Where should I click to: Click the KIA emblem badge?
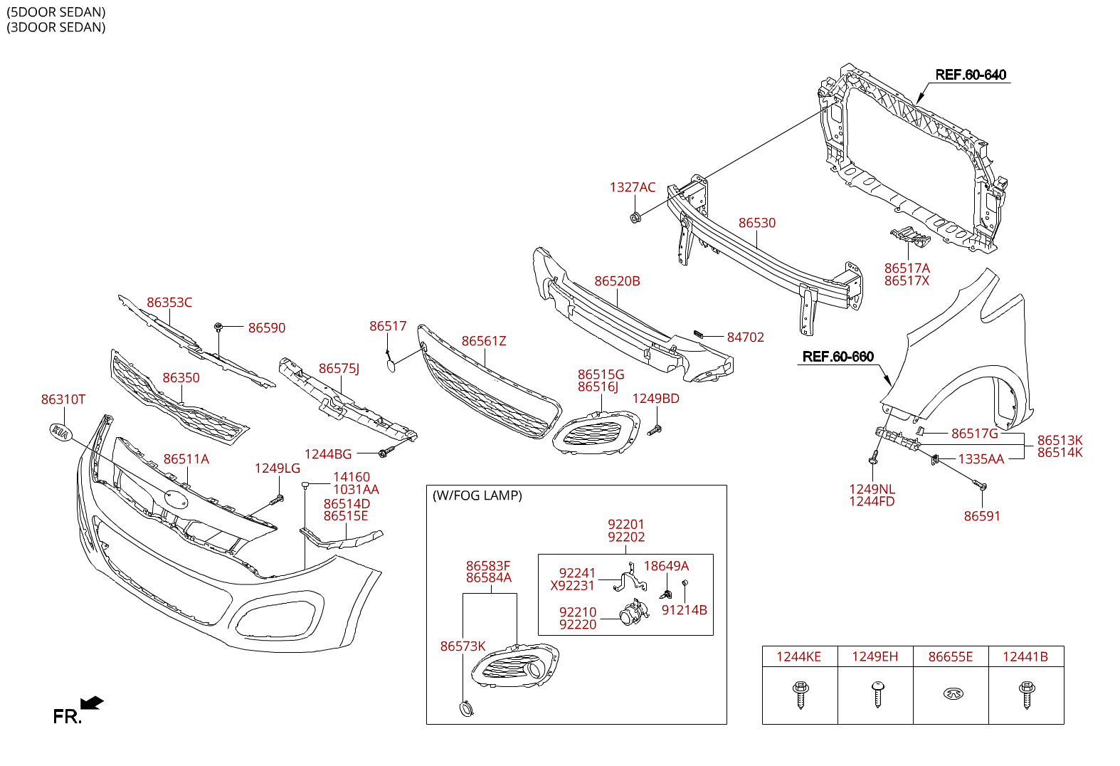point(61,432)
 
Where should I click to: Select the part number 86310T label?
point(63,399)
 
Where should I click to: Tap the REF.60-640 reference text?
point(971,75)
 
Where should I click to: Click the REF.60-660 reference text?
point(838,357)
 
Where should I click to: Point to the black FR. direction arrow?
point(92,703)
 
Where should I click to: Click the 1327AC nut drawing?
point(636,216)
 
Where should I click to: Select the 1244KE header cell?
point(798,656)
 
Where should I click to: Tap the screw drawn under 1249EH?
point(877,693)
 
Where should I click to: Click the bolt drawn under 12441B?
point(1026,694)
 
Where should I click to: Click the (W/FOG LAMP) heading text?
point(477,495)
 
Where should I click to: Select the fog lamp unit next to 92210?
point(632,614)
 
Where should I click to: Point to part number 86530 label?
point(757,223)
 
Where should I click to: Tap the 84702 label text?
point(745,337)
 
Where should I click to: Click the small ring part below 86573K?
point(467,709)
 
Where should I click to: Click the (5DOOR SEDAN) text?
point(56,12)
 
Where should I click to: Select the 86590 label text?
point(267,328)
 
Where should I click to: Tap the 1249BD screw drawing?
point(655,430)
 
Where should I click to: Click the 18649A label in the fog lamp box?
point(666,566)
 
